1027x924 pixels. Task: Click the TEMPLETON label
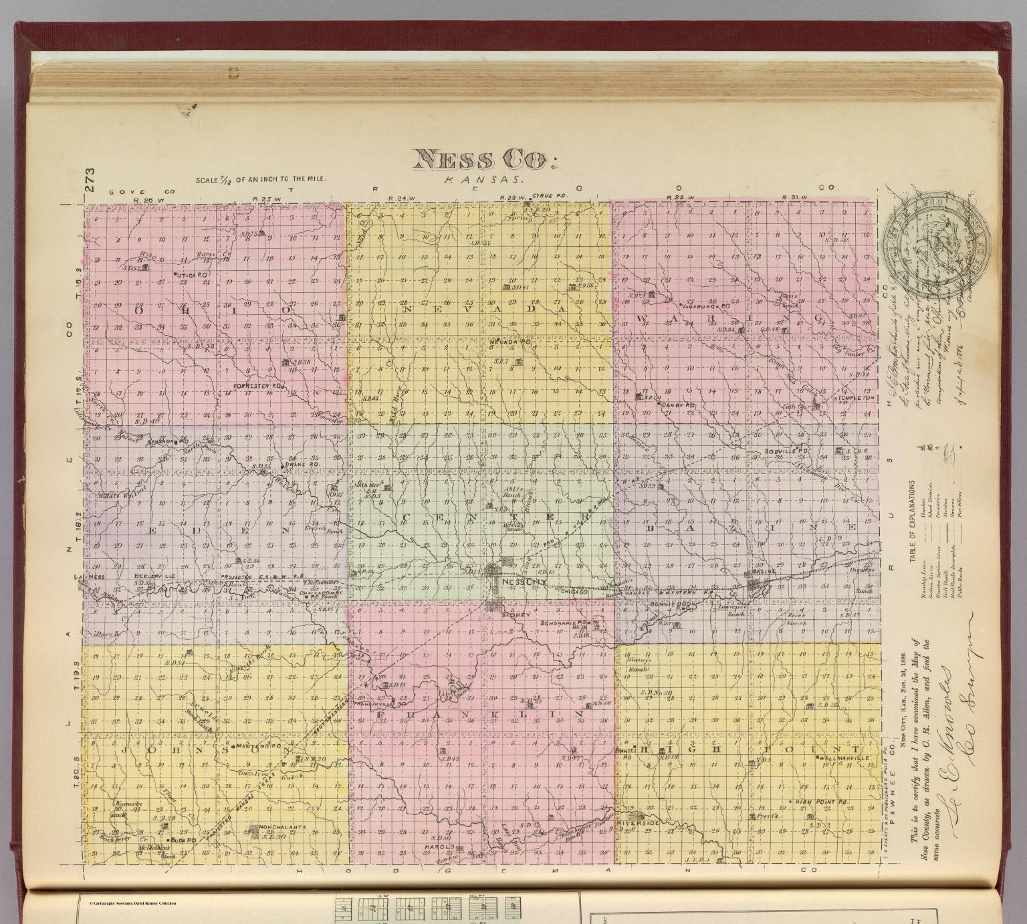[858, 398]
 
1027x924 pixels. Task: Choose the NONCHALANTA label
[280, 827]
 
